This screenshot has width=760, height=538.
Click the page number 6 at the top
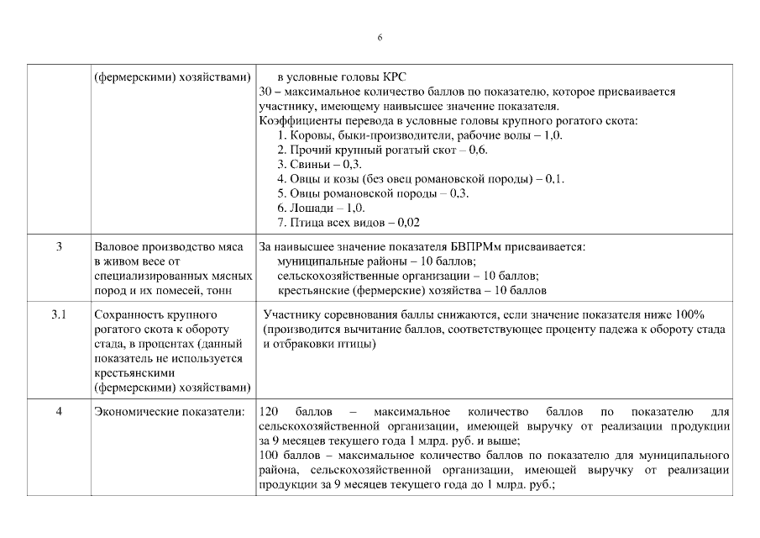[x=380, y=38]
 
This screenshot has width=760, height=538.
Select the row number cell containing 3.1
[x=58, y=314]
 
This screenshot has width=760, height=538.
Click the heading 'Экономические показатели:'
[x=170, y=412]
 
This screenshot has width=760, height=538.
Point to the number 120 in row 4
[x=270, y=412]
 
